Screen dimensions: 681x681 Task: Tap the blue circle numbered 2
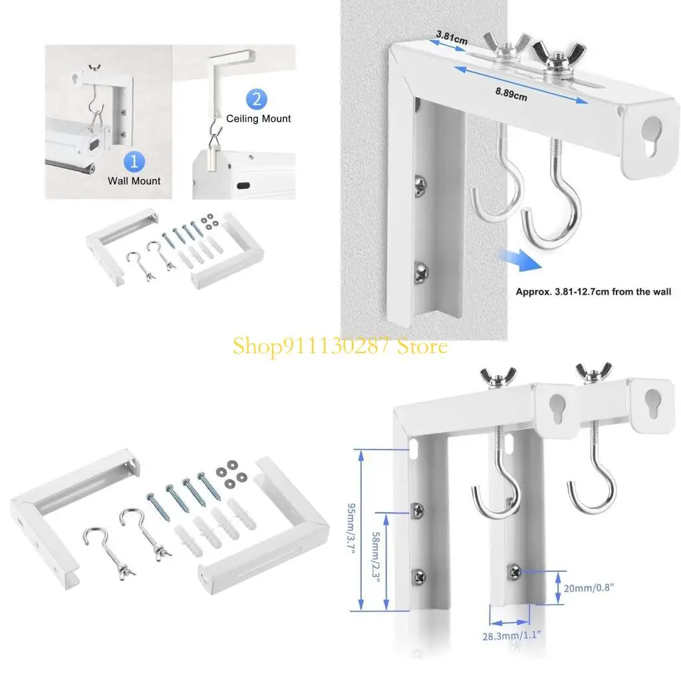257,100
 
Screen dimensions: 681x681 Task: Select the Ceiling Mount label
259,119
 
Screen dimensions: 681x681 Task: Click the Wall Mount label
134,180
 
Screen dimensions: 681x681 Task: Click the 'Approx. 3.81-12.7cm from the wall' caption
593,291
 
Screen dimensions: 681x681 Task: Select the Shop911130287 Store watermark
340,346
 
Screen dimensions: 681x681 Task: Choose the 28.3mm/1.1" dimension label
513,636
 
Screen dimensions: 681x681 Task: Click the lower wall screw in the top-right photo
420,270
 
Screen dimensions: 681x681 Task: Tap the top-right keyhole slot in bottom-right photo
652,403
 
